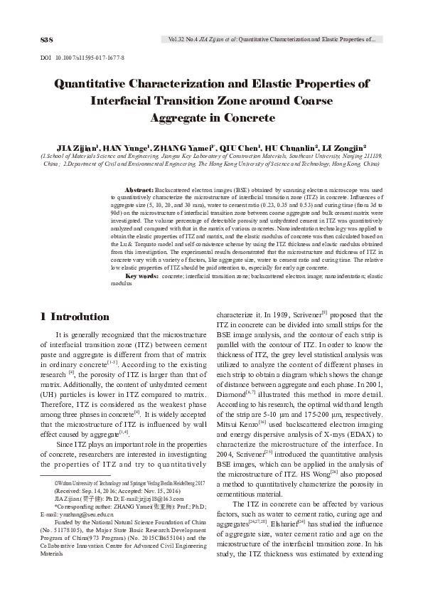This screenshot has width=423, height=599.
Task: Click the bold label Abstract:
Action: click(x=139, y=191)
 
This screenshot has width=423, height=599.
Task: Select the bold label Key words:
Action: click(x=141, y=275)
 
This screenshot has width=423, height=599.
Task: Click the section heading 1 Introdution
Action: click(x=75, y=317)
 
